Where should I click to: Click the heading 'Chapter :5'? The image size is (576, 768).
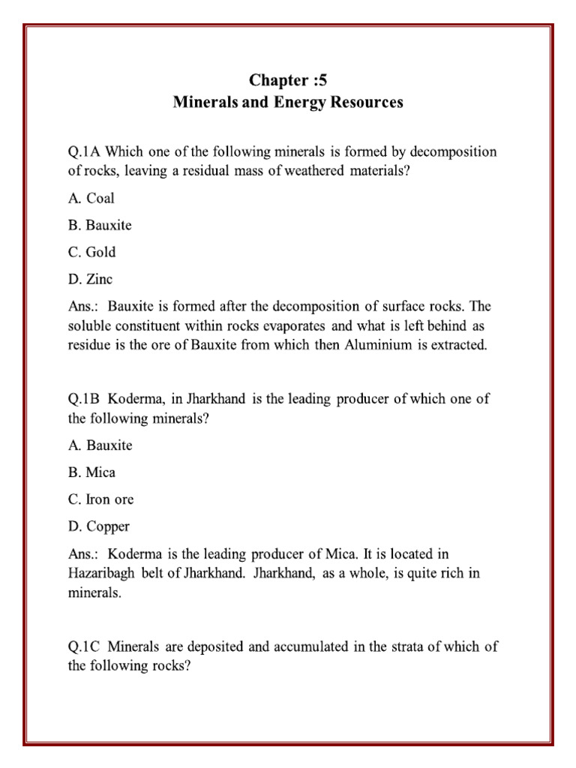(x=288, y=80)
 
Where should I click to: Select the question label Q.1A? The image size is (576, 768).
(x=86, y=151)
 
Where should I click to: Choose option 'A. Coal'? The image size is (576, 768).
(x=91, y=199)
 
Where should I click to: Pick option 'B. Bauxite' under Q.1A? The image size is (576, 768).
(x=100, y=225)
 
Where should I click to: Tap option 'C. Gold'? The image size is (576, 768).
(x=91, y=252)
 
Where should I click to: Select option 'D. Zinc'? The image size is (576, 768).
(x=90, y=279)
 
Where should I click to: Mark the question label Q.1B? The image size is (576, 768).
(x=86, y=399)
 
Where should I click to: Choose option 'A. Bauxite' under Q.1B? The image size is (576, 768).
(x=100, y=445)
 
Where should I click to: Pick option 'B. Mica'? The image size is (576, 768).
(x=91, y=472)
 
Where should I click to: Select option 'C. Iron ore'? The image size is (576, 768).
(x=100, y=499)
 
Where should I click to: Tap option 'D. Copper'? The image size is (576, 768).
(x=98, y=526)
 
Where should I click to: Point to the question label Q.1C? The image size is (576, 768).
(x=86, y=646)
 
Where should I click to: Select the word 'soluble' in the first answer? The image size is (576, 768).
(x=90, y=325)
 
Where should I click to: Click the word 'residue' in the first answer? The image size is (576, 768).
(x=90, y=345)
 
